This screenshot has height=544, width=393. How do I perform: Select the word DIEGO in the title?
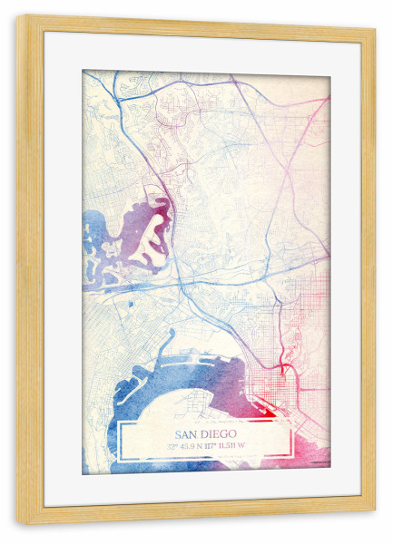click(217, 433)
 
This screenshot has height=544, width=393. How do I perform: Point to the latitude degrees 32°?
click(171, 445)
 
